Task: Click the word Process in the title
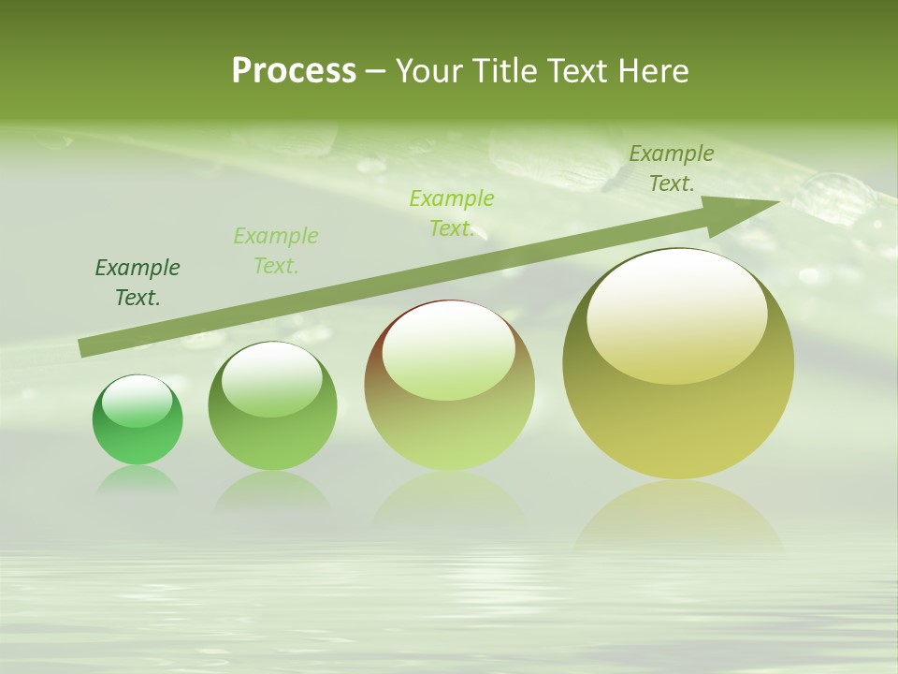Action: click(x=294, y=70)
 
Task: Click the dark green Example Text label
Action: click(x=138, y=283)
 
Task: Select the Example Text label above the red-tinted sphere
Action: click(x=452, y=212)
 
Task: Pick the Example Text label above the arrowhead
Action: click(x=671, y=168)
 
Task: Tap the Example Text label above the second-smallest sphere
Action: click(x=276, y=250)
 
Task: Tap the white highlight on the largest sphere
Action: click(x=676, y=316)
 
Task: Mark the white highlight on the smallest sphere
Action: click(x=137, y=401)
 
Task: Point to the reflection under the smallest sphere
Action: click(x=138, y=479)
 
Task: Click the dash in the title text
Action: click(x=375, y=71)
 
